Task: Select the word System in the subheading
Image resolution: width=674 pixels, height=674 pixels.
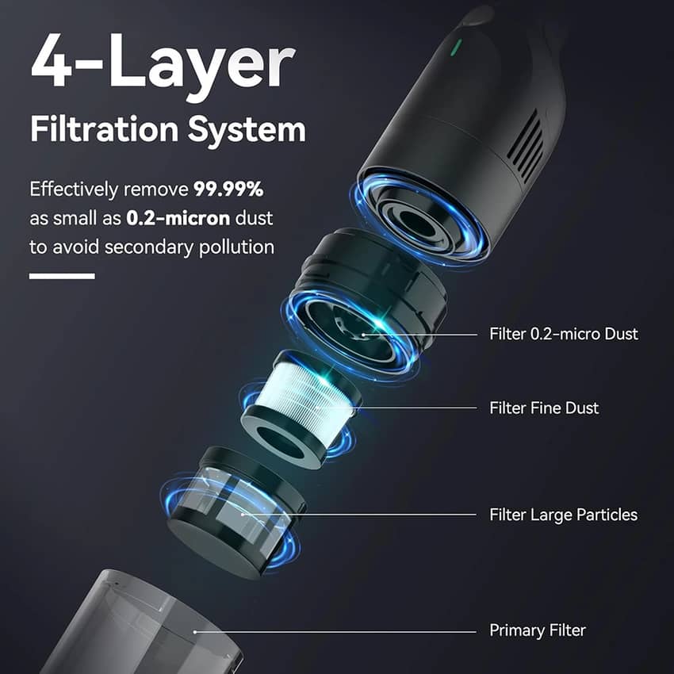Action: click(247, 131)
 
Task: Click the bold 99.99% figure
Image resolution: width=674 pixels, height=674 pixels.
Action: click(228, 189)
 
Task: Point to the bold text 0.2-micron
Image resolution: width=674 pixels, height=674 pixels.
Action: click(178, 218)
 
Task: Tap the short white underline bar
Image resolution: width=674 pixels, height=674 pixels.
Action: click(62, 276)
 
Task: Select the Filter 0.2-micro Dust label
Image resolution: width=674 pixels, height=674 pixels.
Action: click(564, 334)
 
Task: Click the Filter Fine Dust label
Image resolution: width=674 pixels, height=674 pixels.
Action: click(544, 408)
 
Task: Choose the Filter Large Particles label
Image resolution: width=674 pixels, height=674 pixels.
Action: click(563, 515)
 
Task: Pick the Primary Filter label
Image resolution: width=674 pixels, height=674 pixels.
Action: click(538, 630)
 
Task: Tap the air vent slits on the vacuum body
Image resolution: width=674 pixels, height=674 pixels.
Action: click(525, 145)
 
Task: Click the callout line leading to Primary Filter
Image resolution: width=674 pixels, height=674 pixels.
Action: click(335, 631)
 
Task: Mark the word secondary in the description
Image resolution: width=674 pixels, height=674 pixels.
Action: click(149, 247)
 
